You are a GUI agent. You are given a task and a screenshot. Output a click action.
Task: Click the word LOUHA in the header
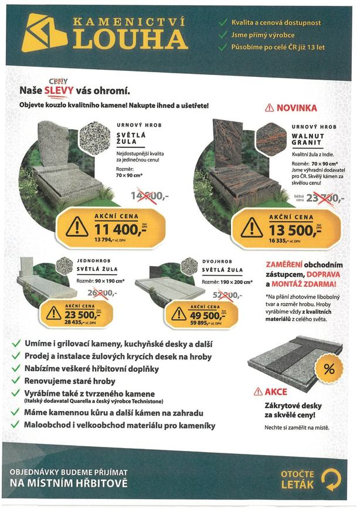131,40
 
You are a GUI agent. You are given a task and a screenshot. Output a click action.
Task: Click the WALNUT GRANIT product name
307,140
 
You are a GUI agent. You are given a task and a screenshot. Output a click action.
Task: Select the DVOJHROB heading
218,260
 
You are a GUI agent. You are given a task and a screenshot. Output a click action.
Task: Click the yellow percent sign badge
328,370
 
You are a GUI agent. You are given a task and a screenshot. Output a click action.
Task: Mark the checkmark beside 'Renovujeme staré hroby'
16,381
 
